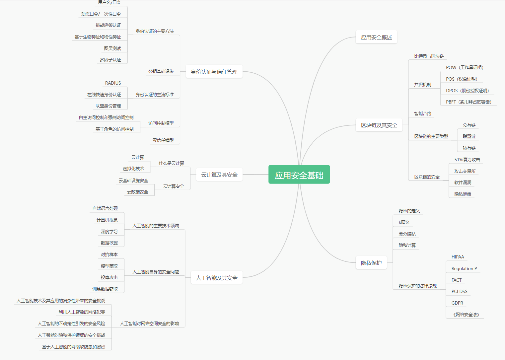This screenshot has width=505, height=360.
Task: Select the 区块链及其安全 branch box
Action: point(379,125)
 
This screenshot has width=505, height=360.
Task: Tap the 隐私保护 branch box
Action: point(371,263)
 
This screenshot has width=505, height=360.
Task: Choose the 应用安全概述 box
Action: point(376,37)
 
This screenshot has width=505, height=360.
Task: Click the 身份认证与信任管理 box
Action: point(214,72)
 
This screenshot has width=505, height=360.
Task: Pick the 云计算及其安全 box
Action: point(219,175)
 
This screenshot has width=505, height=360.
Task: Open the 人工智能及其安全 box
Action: point(217,278)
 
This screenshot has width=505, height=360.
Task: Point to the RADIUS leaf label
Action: point(113,83)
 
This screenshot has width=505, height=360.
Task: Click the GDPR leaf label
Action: point(457,303)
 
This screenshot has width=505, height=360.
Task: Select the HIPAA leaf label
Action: point(458,257)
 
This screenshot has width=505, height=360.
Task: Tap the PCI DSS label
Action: point(459,291)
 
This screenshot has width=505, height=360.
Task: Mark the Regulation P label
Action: point(464,268)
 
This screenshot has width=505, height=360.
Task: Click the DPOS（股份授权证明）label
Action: point(467,91)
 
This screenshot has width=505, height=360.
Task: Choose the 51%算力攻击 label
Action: point(467,160)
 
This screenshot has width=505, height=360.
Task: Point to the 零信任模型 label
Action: point(163,140)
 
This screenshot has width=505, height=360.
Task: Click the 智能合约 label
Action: point(422,113)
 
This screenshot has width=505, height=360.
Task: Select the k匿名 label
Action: point(404,222)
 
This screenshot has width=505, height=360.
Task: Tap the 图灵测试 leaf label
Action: point(112,48)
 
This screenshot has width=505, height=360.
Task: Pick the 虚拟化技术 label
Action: point(133,169)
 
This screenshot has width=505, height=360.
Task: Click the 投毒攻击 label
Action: point(109,277)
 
